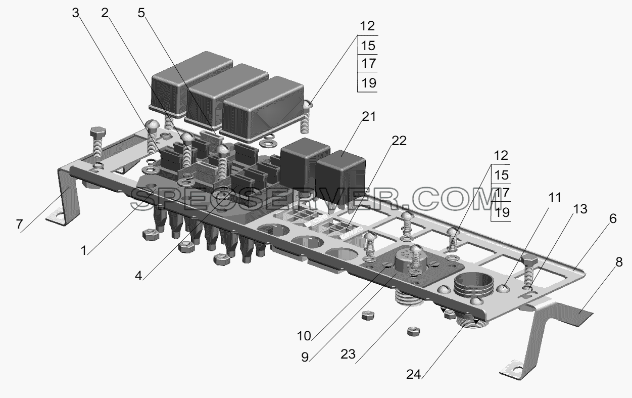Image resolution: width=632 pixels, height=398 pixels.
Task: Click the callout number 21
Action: coord(369,117)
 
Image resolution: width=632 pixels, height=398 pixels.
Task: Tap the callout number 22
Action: coord(399,141)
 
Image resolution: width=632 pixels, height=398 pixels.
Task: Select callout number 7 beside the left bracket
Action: coord(19,225)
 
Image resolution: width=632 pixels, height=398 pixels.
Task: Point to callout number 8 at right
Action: coord(619,262)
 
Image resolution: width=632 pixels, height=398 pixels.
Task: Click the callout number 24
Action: coord(414,375)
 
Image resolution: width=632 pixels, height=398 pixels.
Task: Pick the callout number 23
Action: coord(348,354)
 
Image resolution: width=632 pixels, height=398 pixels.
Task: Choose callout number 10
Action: coord(304,336)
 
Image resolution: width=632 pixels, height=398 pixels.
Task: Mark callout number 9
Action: coord(305,358)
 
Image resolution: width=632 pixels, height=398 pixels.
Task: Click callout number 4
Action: coord(138,276)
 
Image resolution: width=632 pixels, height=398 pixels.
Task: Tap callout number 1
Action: coord(83,250)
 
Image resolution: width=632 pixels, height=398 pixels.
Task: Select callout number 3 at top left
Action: coord(75,13)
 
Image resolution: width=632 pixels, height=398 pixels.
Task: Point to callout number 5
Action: coord(141,13)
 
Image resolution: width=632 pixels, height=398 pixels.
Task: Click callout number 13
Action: coord(580,209)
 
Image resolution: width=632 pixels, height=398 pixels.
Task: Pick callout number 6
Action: coord(613,218)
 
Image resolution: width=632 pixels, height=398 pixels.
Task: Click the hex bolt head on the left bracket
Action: coord(98,132)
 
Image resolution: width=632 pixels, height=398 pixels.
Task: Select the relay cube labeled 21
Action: coord(341,178)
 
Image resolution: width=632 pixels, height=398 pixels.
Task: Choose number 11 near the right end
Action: coord(554,197)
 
